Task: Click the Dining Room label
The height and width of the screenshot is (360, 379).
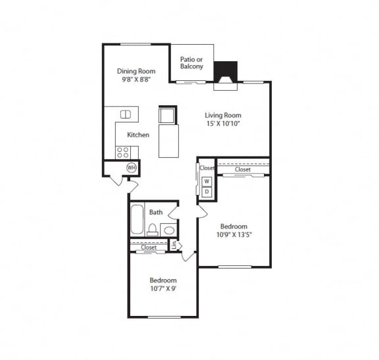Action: pos(136,71)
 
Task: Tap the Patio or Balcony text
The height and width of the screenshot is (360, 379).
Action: pos(191,63)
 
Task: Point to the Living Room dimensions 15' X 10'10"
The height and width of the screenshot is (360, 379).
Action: pos(223,122)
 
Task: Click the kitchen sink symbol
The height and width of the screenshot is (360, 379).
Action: pos(125,115)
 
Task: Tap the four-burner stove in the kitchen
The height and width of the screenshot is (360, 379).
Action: pos(123,152)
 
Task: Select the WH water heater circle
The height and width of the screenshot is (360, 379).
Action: pos(132,168)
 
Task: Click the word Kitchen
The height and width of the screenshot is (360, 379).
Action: pos(138,135)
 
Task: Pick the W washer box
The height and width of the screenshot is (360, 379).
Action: pos(206,181)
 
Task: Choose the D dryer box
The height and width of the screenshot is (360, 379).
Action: pos(206,192)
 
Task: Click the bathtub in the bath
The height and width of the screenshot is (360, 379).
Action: pos(137,220)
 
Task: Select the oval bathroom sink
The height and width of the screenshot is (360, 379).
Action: pos(168,230)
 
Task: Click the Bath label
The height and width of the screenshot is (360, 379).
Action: pos(156,212)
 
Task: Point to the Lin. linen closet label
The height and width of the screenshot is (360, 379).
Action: pos(174,245)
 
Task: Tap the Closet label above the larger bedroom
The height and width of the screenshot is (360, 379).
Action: pos(243,169)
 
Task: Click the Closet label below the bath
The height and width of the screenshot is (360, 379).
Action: pos(149,247)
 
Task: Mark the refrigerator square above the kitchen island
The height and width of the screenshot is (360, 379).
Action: pos(166,116)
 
